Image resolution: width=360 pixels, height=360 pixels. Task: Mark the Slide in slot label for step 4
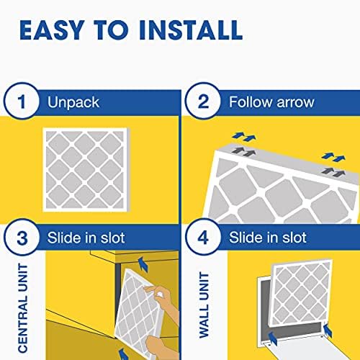267,237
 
